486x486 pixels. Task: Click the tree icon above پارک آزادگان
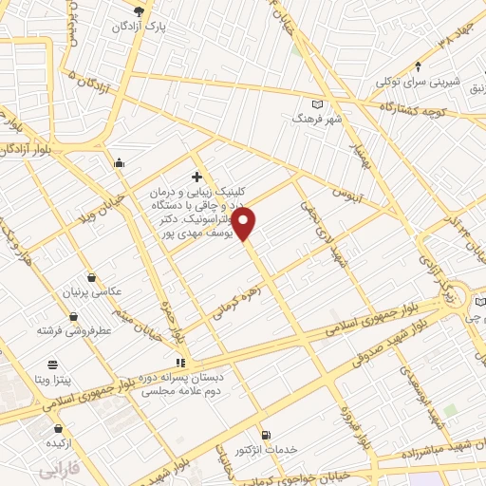(140, 9)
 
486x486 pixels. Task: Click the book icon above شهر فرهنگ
(318, 104)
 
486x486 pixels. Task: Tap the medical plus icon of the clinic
(196, 176)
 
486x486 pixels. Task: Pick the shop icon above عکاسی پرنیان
(90, 278)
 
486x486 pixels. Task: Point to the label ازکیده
(51, 443)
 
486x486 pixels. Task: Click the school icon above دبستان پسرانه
(180, 362)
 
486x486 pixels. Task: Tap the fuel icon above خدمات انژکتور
(265, 435)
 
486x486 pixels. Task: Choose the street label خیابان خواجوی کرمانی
(308, 469)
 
